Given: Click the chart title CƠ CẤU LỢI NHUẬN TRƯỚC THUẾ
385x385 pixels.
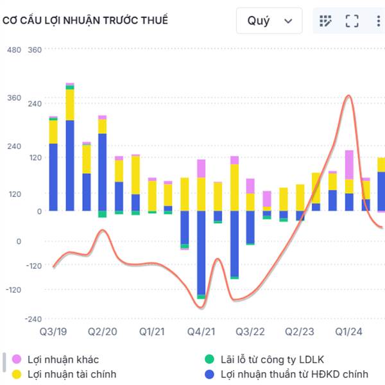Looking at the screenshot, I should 85,21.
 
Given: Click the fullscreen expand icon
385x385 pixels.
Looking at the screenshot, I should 352,21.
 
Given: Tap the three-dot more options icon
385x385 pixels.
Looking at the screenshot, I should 378,21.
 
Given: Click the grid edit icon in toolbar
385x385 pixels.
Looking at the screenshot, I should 325,21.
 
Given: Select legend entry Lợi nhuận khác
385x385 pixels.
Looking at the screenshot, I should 63,359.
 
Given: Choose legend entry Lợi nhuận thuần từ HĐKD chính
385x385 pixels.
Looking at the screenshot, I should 294,373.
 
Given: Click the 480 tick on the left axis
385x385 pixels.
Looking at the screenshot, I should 13,49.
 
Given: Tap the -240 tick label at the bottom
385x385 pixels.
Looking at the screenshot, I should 34,320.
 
